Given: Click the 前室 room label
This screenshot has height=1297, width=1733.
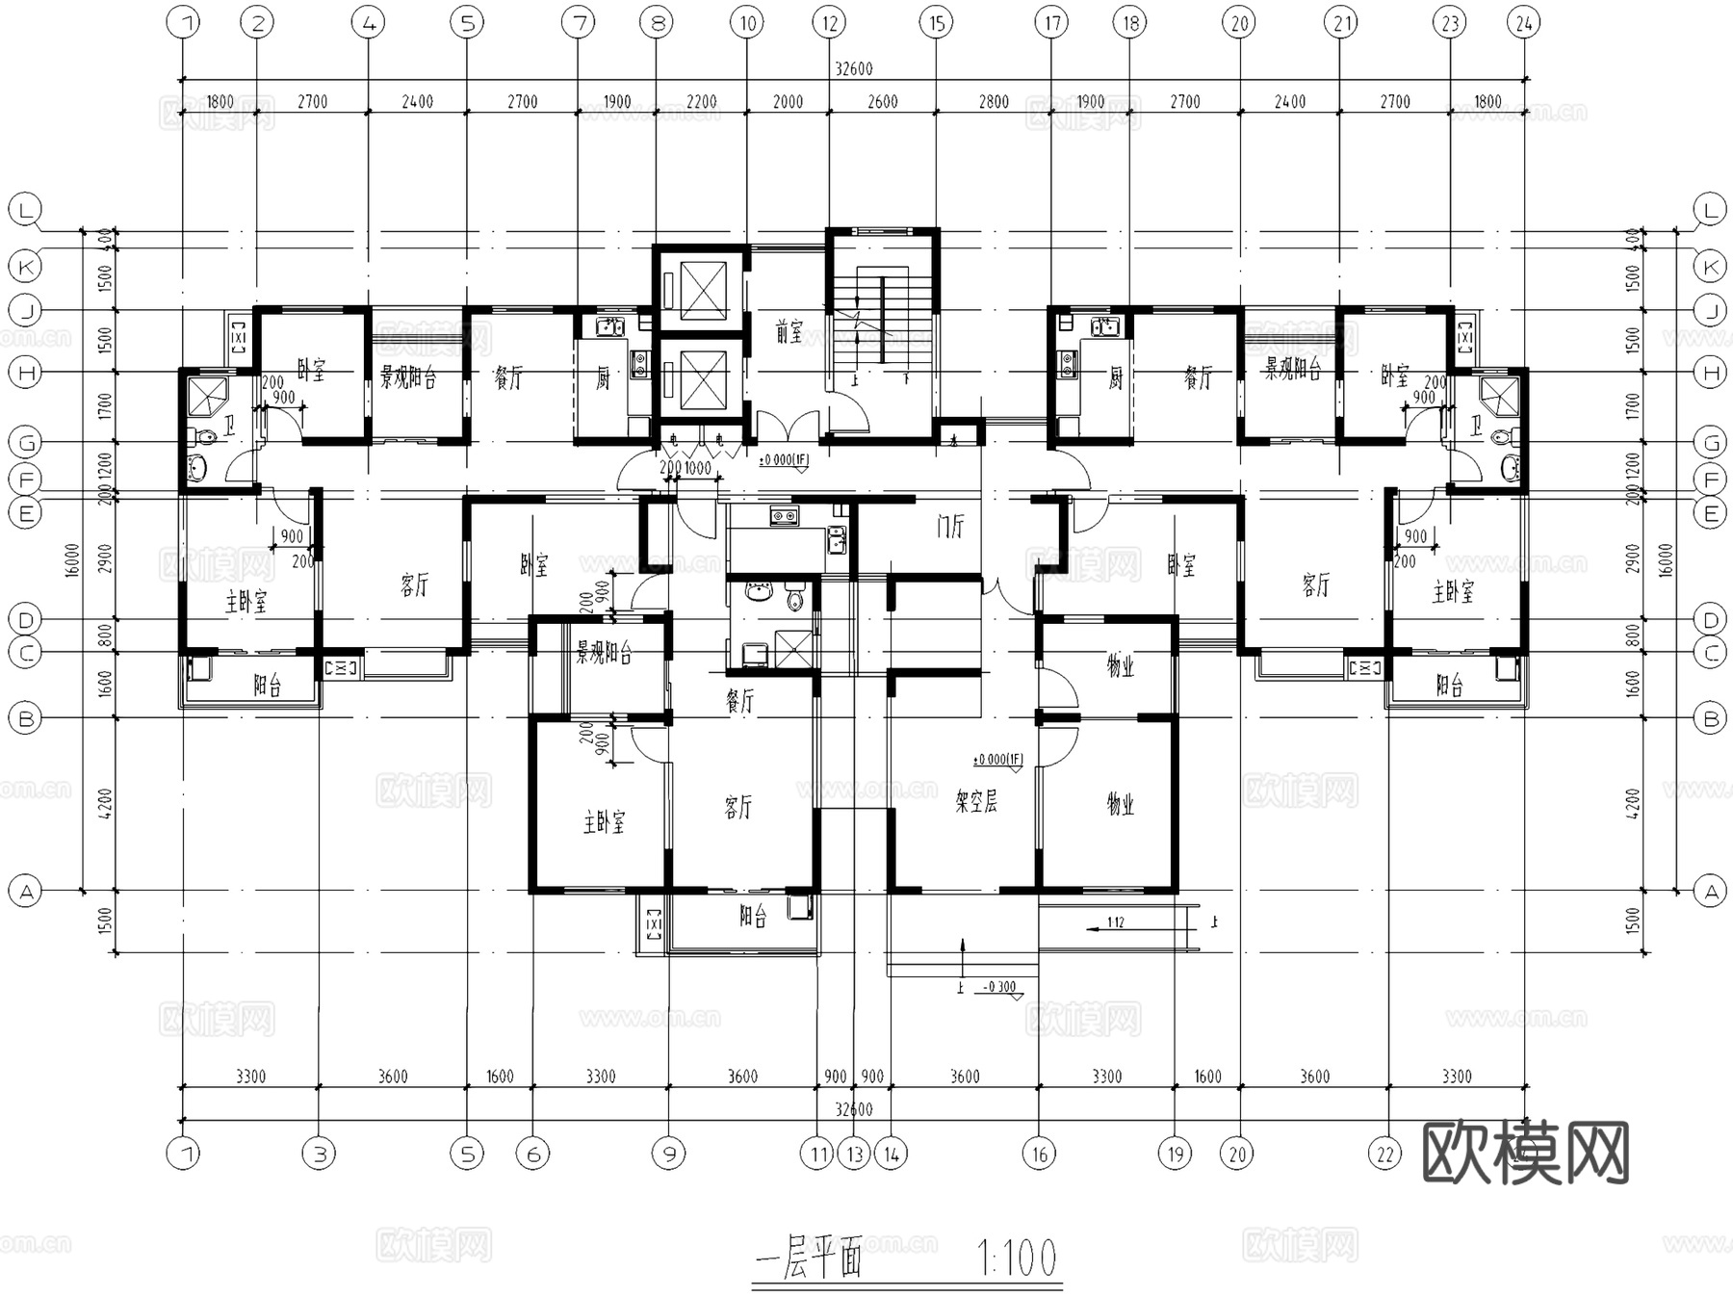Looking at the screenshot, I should (x=789, y=332).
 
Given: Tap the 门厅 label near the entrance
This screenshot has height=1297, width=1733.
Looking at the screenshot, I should (x=949, y=527).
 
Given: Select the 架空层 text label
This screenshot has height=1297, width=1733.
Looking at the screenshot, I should (x=975, y=801).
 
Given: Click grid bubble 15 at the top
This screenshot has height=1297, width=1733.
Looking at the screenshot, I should (x=936, y=22).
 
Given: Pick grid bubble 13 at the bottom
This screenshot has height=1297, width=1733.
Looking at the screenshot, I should (x=854, y=1153).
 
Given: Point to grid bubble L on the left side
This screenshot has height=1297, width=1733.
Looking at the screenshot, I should (x=25, y=210).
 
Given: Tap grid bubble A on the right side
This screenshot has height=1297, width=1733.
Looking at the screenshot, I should (x=1710, y=892).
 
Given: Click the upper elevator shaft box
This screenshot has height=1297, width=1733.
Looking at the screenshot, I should (x=701, y=290).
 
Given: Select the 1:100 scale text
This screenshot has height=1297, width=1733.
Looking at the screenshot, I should (x=1017, y=1258).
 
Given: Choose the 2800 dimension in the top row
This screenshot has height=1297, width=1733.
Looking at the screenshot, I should (x=994, y=102).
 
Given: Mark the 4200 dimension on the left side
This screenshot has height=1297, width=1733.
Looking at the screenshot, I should (x=105, y=803).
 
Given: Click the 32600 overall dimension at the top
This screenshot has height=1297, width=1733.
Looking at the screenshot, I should (x=853, y=69).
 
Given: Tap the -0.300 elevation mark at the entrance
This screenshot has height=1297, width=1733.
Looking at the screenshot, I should (x=999, y=987).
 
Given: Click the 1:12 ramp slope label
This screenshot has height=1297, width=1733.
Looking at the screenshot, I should (x=1115, y=922).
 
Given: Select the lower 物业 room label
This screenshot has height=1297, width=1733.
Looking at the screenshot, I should (x=1120, y=803).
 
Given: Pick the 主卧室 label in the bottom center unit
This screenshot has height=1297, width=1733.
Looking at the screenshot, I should (x=604, y=822).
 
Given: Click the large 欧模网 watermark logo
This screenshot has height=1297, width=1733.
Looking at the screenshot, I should (x=1525, y=1152).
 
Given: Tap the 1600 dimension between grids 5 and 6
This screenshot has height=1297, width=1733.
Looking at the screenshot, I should (x=499, y=1077).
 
